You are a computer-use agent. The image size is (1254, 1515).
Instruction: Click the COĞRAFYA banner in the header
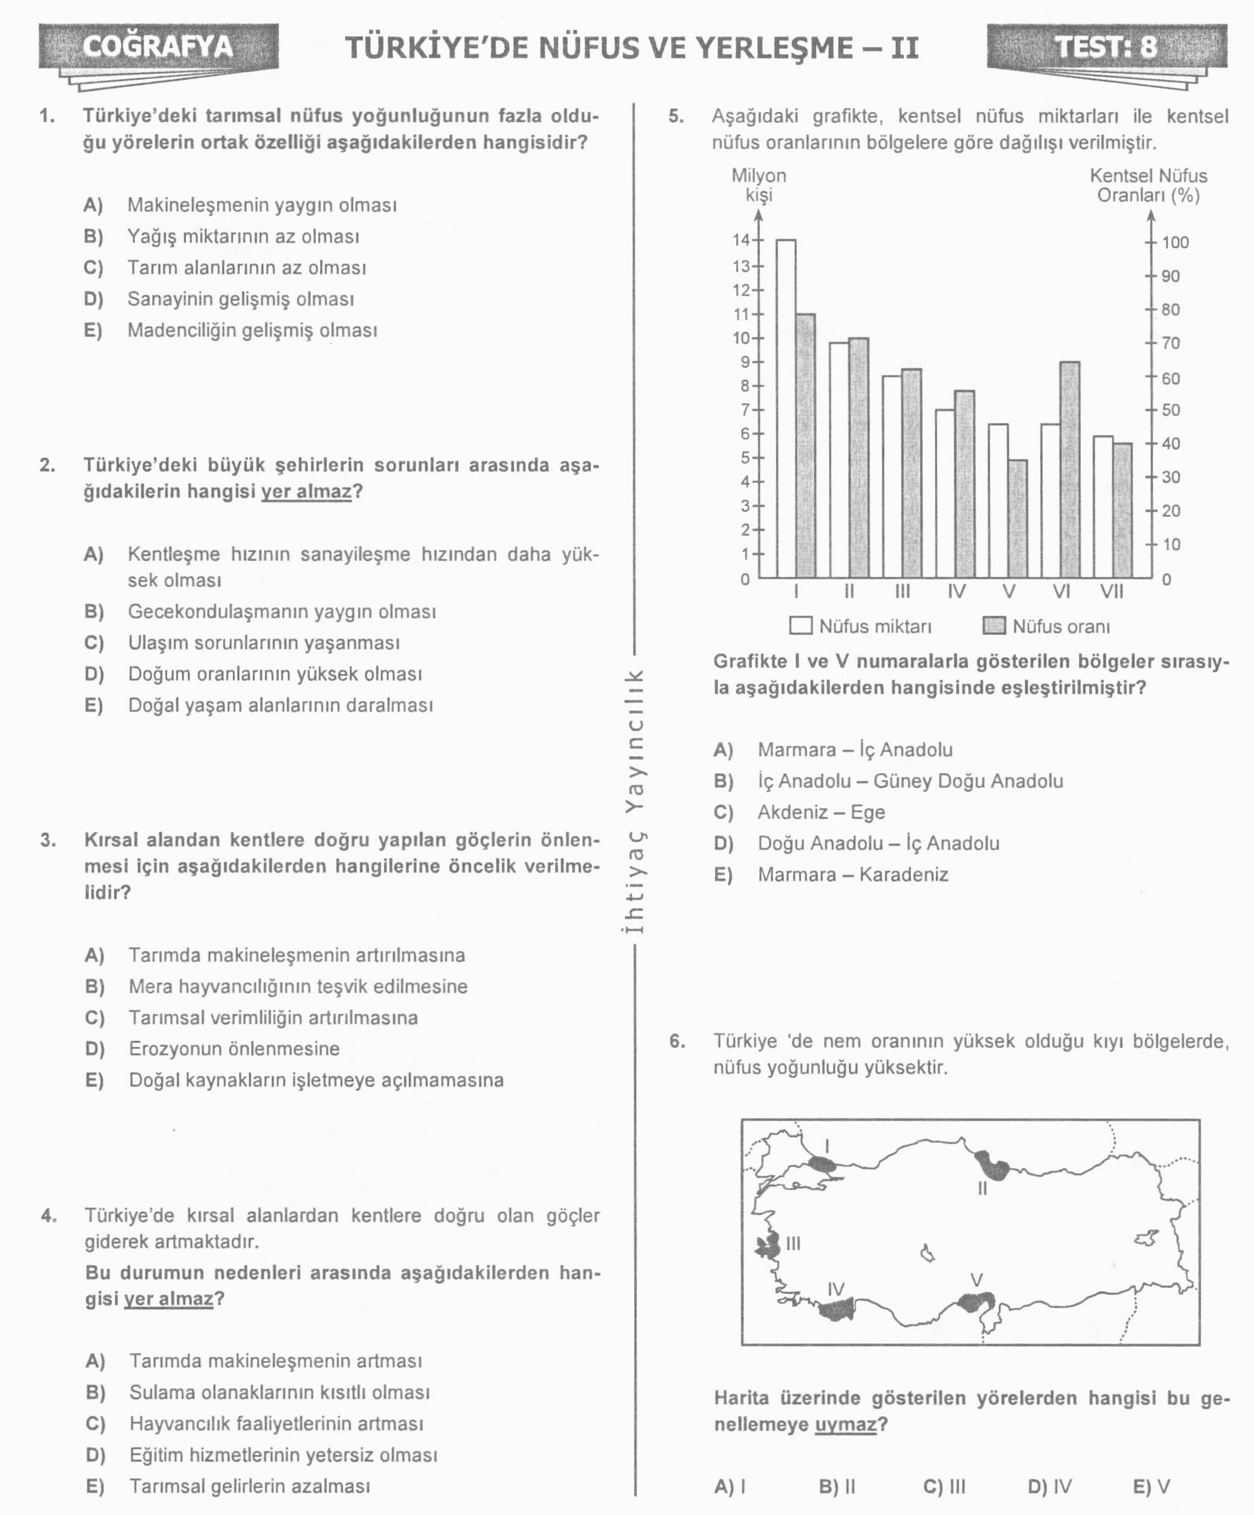[158, 47]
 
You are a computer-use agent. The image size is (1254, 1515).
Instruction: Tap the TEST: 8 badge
[1106, 47]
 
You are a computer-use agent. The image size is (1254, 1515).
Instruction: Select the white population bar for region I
[785, 408]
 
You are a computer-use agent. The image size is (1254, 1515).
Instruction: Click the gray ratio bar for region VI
[1069, 469]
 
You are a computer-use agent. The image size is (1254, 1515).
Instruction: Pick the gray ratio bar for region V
[1017, 518]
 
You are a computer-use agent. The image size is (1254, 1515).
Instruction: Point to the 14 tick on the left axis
[742, 240]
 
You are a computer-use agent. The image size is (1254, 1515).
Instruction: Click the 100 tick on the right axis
[1174, 242]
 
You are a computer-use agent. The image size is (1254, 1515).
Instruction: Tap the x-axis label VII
[1111, 592]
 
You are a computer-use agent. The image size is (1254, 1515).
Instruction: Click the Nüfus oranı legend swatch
[994, 626]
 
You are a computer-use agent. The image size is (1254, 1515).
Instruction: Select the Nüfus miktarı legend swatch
[800, 626]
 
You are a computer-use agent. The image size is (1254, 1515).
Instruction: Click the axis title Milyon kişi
[758, 185]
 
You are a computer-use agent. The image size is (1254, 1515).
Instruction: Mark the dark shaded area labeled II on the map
[993, 1165]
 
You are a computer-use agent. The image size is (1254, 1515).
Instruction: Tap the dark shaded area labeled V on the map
[976, 1301]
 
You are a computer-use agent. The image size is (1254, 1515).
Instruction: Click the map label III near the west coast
[793, 1243]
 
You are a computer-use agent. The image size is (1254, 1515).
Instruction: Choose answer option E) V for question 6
[1151, 1486]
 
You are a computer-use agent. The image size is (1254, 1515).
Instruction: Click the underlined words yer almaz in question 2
[306, 492]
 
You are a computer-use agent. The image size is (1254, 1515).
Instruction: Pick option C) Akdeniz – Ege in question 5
[820, 812]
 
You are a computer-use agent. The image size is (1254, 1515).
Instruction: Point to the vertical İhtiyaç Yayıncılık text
[633, 801]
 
